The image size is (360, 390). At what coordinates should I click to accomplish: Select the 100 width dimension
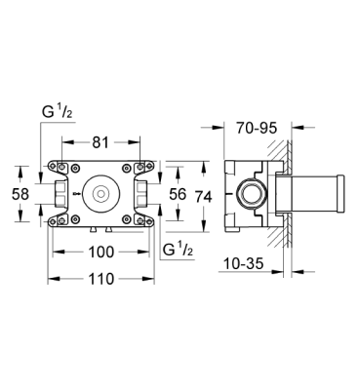[x=101, y=252]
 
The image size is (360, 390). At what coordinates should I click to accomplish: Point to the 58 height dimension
[x=19, y=193]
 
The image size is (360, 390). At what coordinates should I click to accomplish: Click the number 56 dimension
[x=177, y=193]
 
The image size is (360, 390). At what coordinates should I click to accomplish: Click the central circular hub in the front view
[x=101, y=193]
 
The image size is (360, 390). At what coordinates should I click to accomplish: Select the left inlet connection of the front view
[x=59, y=193]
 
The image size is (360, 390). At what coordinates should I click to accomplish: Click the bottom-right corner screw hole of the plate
[x=149, y=222]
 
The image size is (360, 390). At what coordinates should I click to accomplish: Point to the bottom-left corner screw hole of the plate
[x=54, y=222]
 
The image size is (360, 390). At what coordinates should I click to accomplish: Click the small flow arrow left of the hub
[x=77, y=193]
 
